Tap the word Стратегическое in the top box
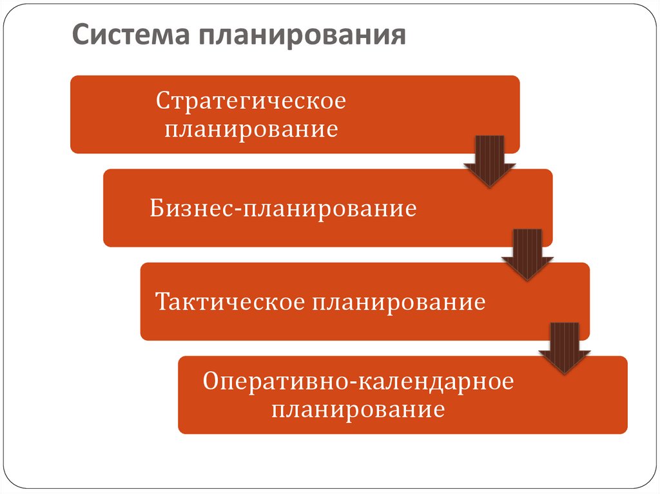pos(251,102)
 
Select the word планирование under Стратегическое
pos(251,129)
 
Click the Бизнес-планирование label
pos(284,209)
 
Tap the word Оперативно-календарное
pos(358,382)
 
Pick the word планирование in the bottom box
pos(358,410)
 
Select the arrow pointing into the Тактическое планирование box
pos(527,254)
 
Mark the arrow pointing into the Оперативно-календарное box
pos(565,348)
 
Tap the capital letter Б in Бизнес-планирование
pos(158,209)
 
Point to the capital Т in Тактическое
pos(164,301)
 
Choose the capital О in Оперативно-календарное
pos(211,382)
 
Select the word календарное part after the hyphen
pos(432,382)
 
